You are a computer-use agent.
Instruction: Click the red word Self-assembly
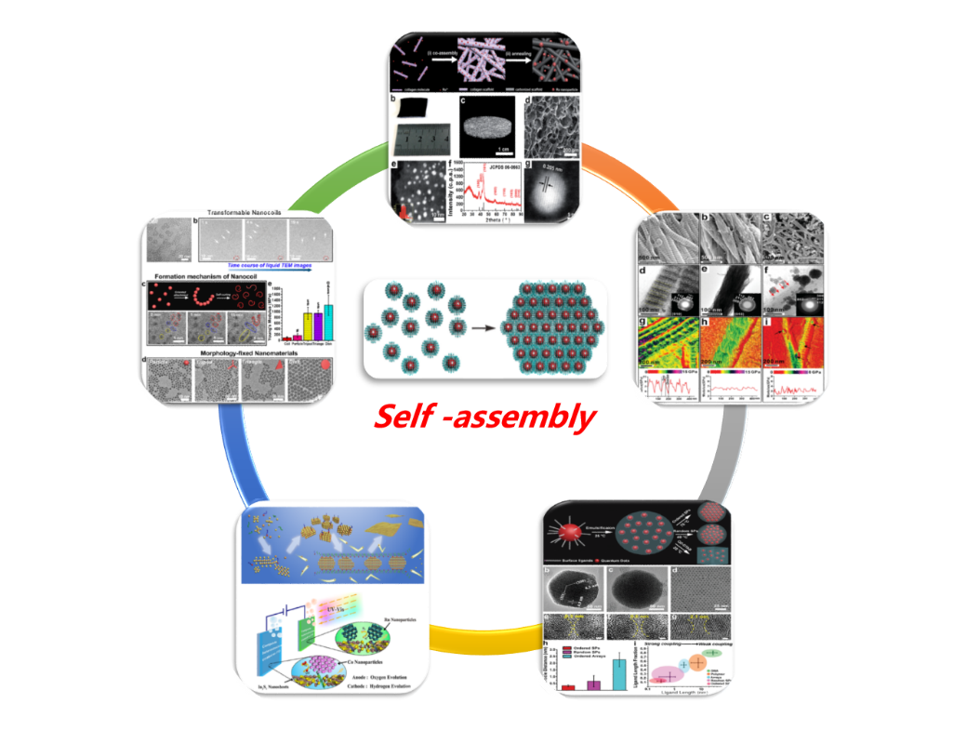pyautogui.click(x=483, y=418)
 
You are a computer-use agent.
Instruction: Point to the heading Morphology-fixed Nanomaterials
pyautogui.click(x=240, y=352)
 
